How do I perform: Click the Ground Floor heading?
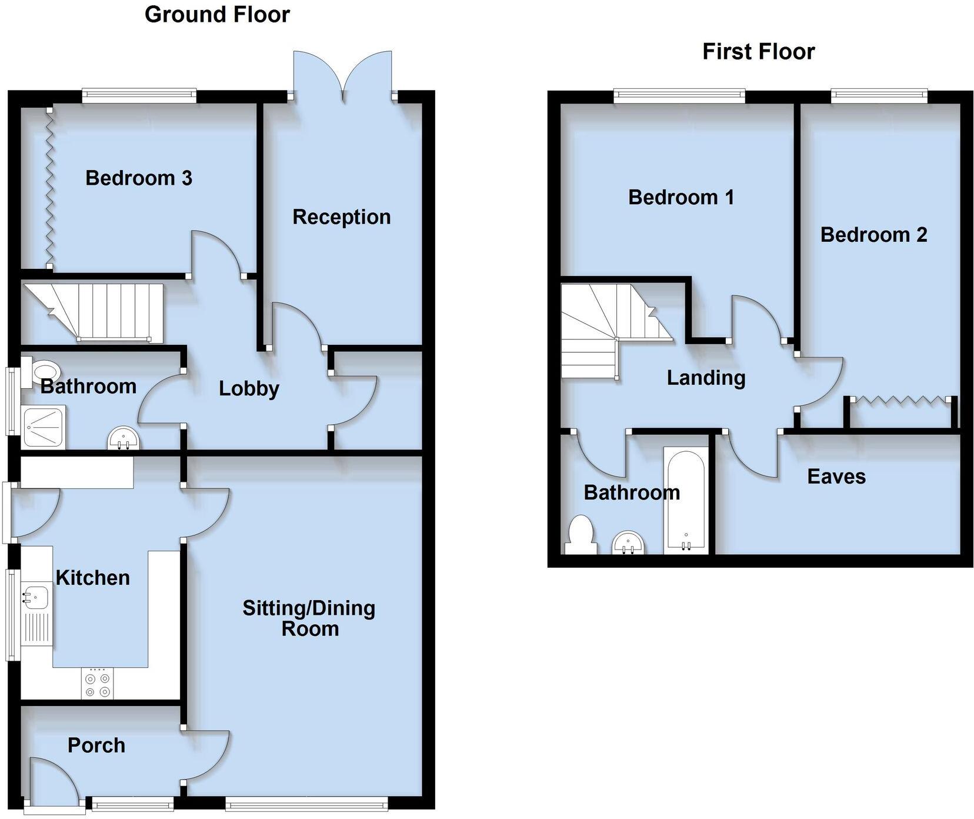217,15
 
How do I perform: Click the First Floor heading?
758,52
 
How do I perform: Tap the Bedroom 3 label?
139,178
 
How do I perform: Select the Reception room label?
341,217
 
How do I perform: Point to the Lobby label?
249,388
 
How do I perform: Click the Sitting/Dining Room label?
309,618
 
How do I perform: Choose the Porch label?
96,745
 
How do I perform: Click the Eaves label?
836,476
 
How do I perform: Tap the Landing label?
706,377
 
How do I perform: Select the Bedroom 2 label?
873,235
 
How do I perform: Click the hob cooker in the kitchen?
97,684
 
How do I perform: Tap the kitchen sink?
35,596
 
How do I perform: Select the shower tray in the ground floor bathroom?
44,427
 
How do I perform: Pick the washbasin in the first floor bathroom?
629,543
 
